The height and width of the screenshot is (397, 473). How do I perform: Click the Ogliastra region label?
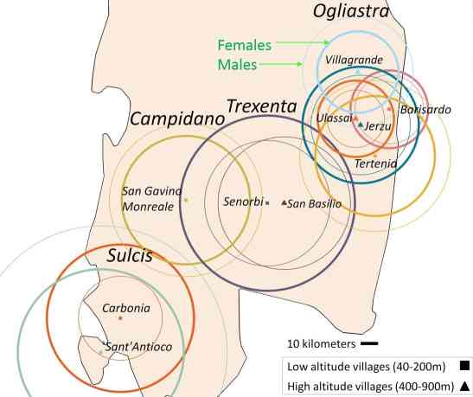click(351, 12)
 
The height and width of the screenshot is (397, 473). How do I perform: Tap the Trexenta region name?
click(262, 106)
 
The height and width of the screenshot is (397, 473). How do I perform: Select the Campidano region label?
click(177, 118)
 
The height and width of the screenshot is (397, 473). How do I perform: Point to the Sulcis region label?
click(130, 255)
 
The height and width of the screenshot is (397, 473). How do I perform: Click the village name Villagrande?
click(355, 60)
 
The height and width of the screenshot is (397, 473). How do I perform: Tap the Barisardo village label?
click(425, 110)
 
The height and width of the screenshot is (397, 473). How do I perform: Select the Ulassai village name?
click(335, 118)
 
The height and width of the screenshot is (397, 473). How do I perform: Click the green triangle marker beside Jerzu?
click(361, 124)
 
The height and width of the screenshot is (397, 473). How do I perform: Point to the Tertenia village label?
click(376, 163)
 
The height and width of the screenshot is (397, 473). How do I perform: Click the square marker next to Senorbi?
click(267, 203)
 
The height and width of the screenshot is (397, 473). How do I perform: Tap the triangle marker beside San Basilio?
click(284, 202)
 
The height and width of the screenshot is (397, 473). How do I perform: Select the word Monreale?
click(148, 207)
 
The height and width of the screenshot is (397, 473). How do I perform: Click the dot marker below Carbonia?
click(120, 317)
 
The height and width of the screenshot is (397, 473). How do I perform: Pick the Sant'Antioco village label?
click(137, 347)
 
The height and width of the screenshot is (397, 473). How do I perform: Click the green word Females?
click(245, 45)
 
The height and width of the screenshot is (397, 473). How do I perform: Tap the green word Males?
click(237, 65)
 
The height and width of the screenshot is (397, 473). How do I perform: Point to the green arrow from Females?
click(303, 43)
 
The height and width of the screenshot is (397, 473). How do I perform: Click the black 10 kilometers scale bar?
click(369, 343)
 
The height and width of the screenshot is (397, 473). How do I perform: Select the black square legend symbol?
click(465, 366)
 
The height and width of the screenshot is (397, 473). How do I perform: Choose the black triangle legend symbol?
click(465, 386)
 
